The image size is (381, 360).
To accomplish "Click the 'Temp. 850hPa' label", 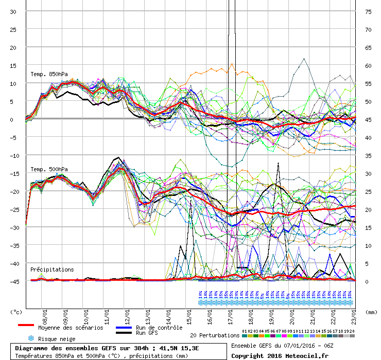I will click(48, 74).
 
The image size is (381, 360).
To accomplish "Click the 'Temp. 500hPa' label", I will click(48, 169).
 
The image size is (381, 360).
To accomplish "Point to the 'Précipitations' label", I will click(51, 269).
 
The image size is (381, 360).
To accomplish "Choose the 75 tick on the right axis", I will click(368, 11).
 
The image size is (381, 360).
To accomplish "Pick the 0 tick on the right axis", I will click(368, 281).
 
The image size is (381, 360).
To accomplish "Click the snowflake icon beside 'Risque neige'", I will click(30, 338).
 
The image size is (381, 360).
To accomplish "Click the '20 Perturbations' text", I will click(214, 335).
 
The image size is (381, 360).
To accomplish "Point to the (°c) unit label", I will click(17, 312).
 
